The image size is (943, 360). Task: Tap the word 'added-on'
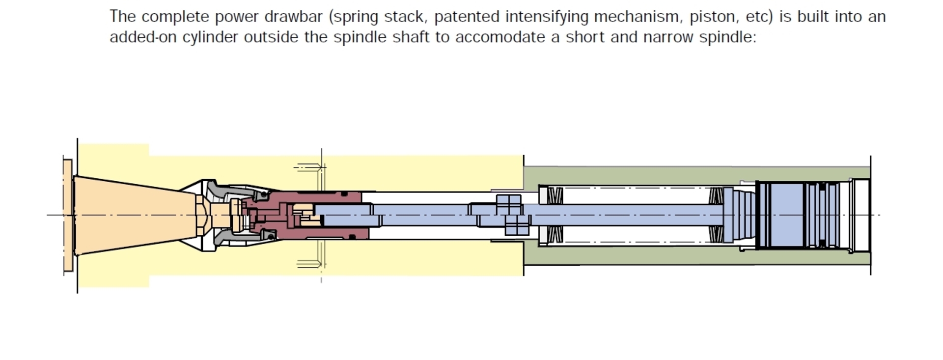143,37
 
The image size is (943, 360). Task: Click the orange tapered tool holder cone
133,215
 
